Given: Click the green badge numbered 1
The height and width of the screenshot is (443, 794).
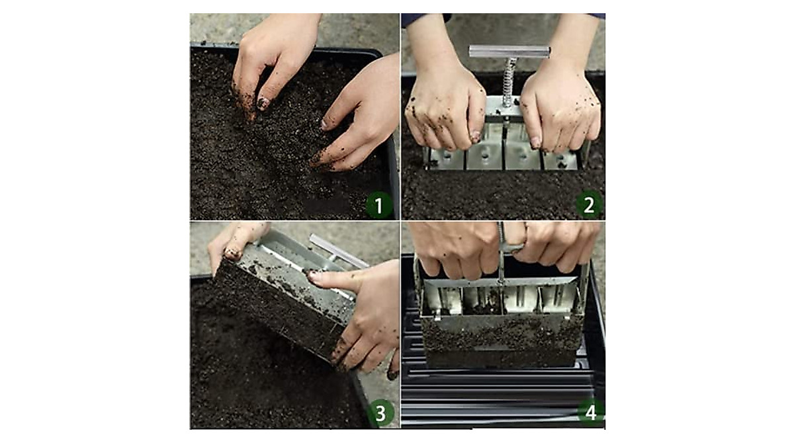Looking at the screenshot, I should (x=379, y=206).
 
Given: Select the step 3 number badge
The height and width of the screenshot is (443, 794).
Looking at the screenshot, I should (x=380, y=413).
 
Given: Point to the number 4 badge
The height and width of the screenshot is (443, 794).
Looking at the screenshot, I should (x=590, y=413).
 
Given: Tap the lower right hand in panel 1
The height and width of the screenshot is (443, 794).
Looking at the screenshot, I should (x=357, y=119).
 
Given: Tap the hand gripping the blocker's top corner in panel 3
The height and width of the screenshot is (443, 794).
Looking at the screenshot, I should (x=235, y=241).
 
